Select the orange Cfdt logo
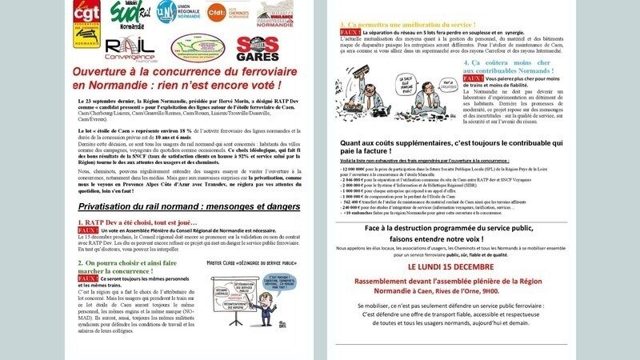(215, 14)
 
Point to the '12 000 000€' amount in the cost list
(357, 170)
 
